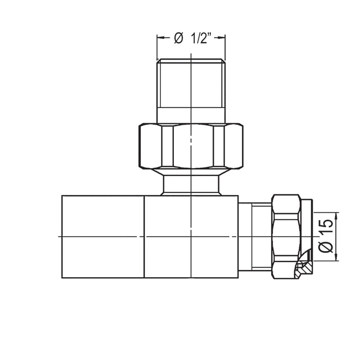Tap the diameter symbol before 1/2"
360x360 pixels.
pos(179,38)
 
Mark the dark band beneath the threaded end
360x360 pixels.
pos(191,115)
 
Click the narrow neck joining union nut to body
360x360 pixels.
pos(191,186)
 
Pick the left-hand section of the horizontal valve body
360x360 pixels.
pos(103,236)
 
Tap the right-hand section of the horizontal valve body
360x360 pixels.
pos(191,236)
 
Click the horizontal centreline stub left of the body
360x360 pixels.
pos(57,236)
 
